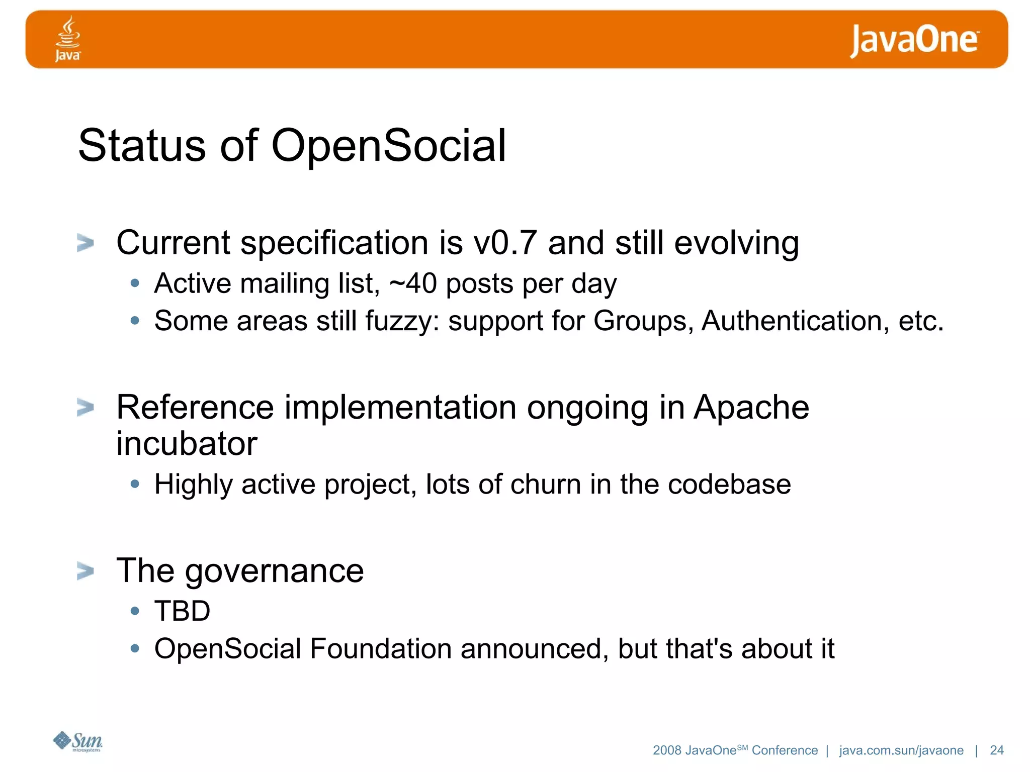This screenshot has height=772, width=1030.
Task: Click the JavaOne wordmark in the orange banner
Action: pyautogui.click(x=914, y=40)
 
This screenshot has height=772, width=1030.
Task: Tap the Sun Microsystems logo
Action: pyautogui.click(x=78, y=741)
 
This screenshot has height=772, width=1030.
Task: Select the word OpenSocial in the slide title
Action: pyautogui.click(x=388, y=146)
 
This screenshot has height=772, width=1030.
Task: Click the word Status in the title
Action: pyautogui.click(x=142, y=146)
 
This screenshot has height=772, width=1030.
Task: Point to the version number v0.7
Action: pyautogui.click(x=505, y=243)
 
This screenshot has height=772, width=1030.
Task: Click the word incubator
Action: pyautogui.click(x=187, y=444)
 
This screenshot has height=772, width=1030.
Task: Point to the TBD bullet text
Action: pyautogui.click(x=182, y=611)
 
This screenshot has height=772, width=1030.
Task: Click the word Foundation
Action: pyautogui.click(x=380, y=648)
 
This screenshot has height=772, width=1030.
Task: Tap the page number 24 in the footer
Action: pyautogui.click(x=996, y=750)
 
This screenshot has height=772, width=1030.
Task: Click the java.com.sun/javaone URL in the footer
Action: pyautogui.click(x=901, y=750)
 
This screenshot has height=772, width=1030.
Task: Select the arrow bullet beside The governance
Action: pyautogui.click(x=85, y=571)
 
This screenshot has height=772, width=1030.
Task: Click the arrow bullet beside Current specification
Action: pyautogui.click(x=85, y=243)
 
